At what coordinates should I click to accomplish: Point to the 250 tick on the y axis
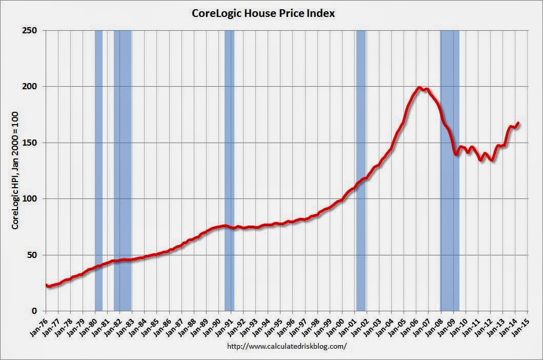(31, 31)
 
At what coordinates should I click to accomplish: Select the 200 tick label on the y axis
(31, 87)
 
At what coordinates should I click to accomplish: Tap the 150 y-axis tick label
(31, 143)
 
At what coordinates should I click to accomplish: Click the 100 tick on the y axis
(31, 199)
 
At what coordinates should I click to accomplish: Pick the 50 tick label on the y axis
(33, 255)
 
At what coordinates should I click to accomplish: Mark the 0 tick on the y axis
(35, 311)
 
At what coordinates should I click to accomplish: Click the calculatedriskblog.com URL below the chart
(286, 346)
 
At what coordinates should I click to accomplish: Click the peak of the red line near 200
(420, 88)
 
